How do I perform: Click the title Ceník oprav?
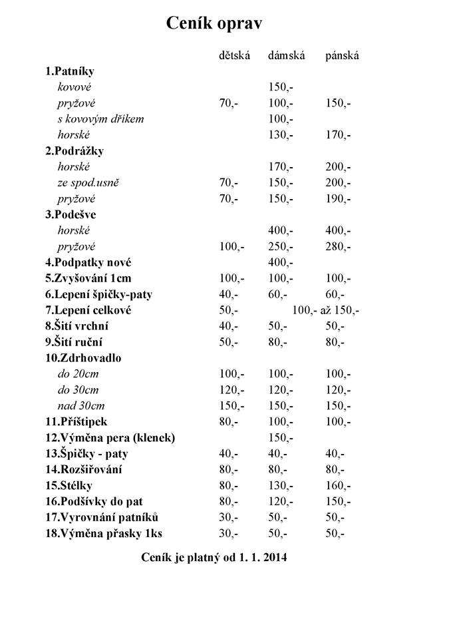click(214, 24)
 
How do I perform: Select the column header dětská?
click(234, 56)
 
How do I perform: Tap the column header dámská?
click(286, 56)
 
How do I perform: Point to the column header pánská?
click(342, 56)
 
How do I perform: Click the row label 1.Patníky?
click(70, 71)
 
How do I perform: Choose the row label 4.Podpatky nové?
click(92, 262)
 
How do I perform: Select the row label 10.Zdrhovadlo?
click(83, 358)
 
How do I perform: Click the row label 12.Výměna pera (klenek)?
click(110, 438)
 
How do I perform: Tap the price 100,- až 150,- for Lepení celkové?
click(326, 310)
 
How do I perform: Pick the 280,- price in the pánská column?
click(338, 247)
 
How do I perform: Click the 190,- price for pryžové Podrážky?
click(338, 199)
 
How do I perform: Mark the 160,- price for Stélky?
click(338, 486)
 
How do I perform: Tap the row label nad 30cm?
click(81, 406)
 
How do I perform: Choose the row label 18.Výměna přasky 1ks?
click(104, 534)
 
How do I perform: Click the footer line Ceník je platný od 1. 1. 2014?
click(214, 558)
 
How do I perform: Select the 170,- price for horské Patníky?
click(338, 135)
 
